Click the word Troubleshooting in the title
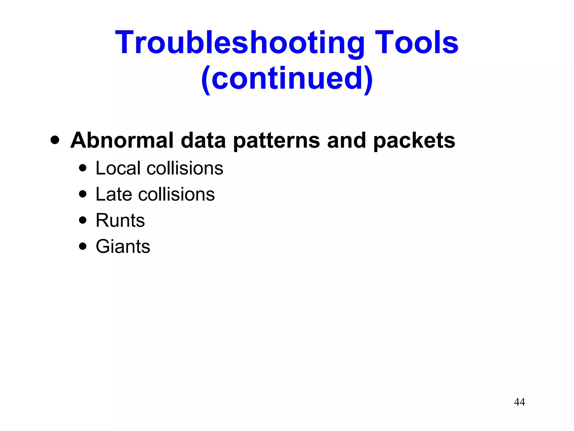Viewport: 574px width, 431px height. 240,43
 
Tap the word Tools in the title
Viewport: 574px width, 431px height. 416,43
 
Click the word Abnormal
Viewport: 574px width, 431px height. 122,140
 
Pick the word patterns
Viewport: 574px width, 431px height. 276,141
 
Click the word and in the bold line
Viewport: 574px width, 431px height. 346,140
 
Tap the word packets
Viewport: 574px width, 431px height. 414,141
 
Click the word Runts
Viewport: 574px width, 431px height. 120,220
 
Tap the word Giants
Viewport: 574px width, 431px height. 123,246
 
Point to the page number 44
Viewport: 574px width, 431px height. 519,402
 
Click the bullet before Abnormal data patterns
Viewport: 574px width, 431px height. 55,140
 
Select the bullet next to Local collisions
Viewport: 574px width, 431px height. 83,168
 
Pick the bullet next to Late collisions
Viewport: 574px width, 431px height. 83,194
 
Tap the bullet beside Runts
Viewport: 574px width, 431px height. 83,220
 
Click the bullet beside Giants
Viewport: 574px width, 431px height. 83,246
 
